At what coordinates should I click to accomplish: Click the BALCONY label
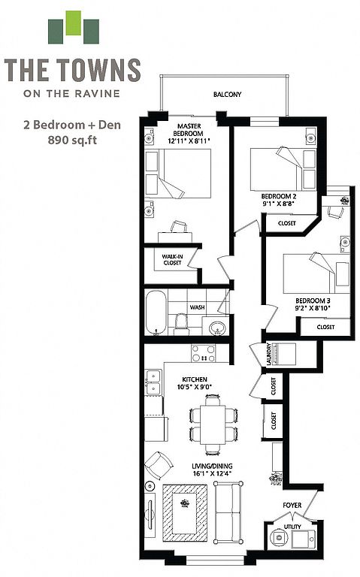227,95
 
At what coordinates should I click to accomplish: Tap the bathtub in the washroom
156,313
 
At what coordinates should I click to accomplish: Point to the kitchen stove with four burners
204,354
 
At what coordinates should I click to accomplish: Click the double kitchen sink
153,382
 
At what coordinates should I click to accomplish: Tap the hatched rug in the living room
185,512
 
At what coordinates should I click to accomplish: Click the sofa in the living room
228,512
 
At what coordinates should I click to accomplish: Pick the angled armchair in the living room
159,465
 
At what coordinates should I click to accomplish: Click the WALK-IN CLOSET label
172,260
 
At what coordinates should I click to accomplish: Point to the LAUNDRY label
269,354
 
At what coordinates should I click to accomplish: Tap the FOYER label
292,505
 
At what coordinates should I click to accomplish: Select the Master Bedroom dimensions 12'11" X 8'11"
189,140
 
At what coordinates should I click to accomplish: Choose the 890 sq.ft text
72,140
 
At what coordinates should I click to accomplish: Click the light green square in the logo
73,23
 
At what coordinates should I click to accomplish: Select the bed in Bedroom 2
283,170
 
